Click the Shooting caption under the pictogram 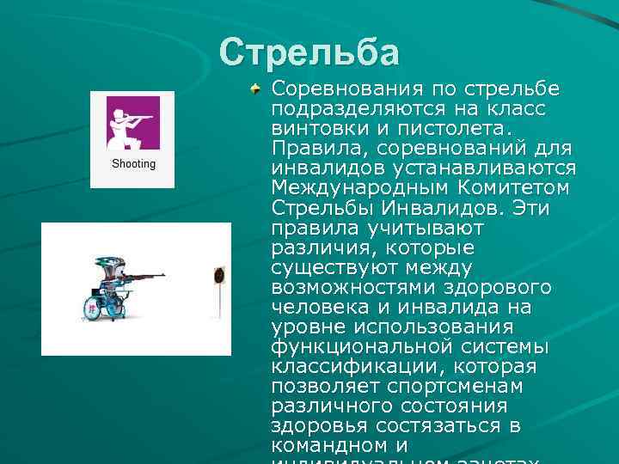133,163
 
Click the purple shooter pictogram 133,122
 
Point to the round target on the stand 217,277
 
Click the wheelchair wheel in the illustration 91,307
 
